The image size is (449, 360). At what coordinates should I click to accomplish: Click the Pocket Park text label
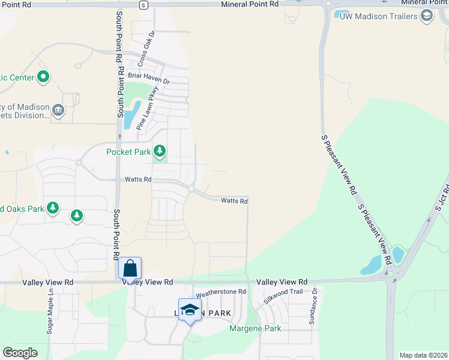(x=128, y=152)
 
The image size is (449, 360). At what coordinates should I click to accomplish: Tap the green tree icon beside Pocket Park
(x=159, y=151)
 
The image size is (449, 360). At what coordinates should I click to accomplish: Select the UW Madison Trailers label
(x=378, y=16)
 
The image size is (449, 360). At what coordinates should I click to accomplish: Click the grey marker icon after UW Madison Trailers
(x=427, y=16)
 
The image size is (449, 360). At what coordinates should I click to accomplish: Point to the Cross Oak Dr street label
(x=146, y=49)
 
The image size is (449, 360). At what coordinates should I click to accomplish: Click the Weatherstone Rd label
(x=221, y=292)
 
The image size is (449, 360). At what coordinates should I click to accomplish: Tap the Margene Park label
(x=255, y=329)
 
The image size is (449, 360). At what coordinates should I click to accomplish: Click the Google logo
(x=20, y=353)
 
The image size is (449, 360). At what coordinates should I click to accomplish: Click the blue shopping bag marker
(x=130, y=270)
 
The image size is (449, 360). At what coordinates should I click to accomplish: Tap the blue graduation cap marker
(x=190, y=310)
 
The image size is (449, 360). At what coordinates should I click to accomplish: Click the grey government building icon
(x=58, y=110)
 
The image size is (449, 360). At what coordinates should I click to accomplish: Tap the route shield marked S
(x=143, y=5)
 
